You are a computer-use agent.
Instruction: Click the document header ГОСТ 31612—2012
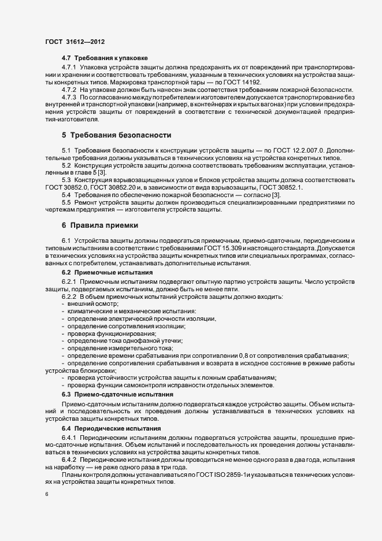pos(75,42)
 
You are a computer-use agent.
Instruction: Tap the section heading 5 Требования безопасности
pos(116,135)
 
